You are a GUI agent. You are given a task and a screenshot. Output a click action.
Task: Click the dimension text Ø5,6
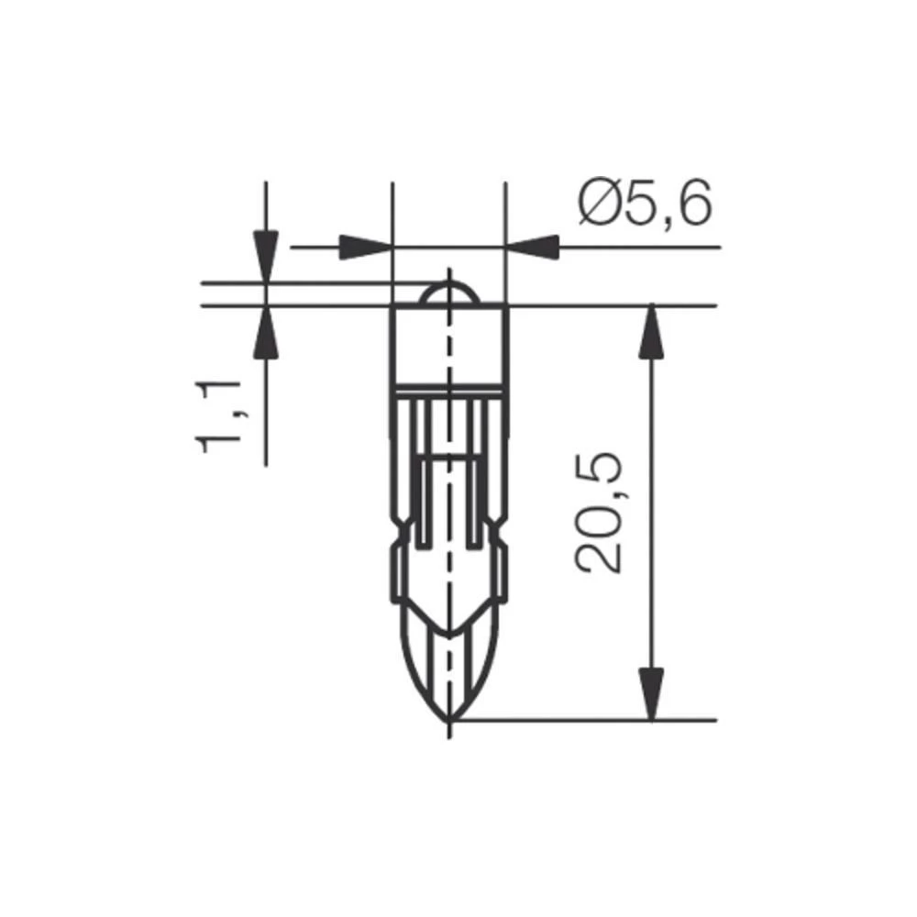645,205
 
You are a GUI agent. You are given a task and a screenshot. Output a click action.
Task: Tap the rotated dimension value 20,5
601,513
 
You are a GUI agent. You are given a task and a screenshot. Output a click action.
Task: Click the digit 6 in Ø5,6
694,205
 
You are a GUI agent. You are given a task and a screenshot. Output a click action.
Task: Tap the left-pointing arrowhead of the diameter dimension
532,248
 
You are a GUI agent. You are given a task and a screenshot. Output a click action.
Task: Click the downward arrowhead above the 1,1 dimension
266,256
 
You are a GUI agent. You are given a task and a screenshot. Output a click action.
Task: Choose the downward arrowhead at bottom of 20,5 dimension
651,693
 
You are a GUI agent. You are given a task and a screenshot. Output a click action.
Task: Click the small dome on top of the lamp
448,293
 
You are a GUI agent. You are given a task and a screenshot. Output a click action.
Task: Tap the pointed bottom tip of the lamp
449,719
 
